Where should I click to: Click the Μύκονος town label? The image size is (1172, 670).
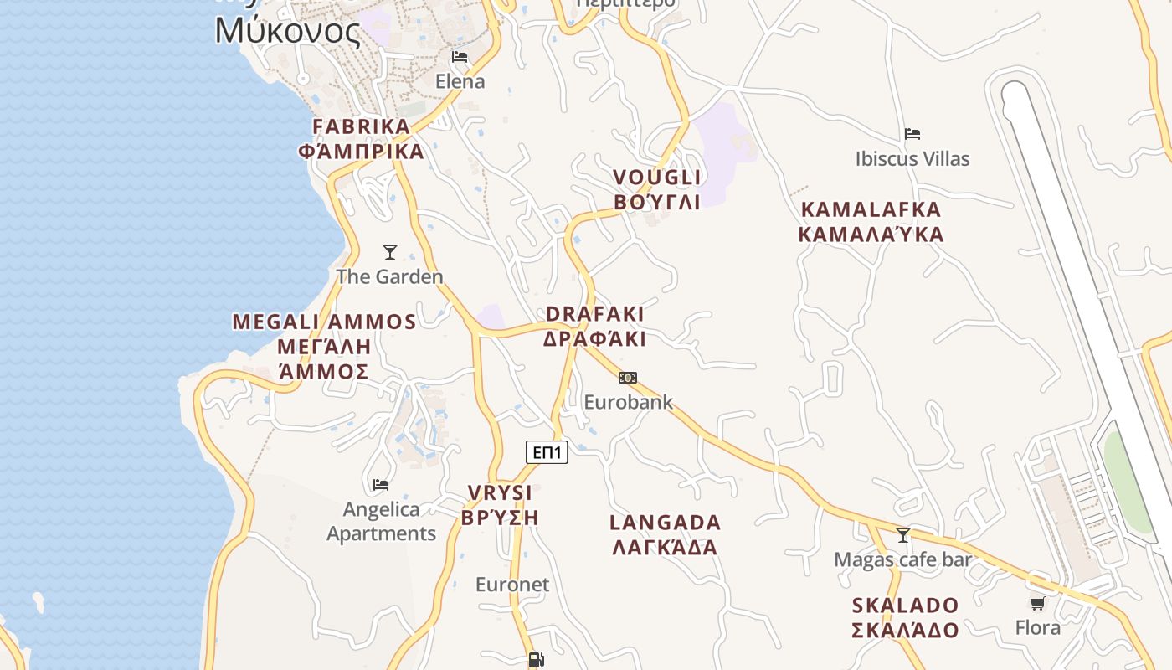click(288, 31)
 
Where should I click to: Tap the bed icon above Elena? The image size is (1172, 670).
click(460, 57)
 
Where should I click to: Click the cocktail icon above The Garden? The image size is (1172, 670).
click(389, 251)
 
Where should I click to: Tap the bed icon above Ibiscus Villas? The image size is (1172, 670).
click(912, 134)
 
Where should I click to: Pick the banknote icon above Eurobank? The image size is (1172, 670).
click(628, 378)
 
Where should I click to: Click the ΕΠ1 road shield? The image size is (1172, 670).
click(547, 453)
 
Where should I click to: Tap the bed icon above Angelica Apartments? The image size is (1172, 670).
click(381, 484)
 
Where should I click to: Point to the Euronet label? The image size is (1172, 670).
click(512, 585)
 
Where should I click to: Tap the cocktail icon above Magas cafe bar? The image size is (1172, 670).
click(902, 534)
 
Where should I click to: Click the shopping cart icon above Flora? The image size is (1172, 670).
click(1038, 603)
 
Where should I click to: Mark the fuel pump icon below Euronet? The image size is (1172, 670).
click(537, 660)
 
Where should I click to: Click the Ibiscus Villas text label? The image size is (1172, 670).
click(912, 158)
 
